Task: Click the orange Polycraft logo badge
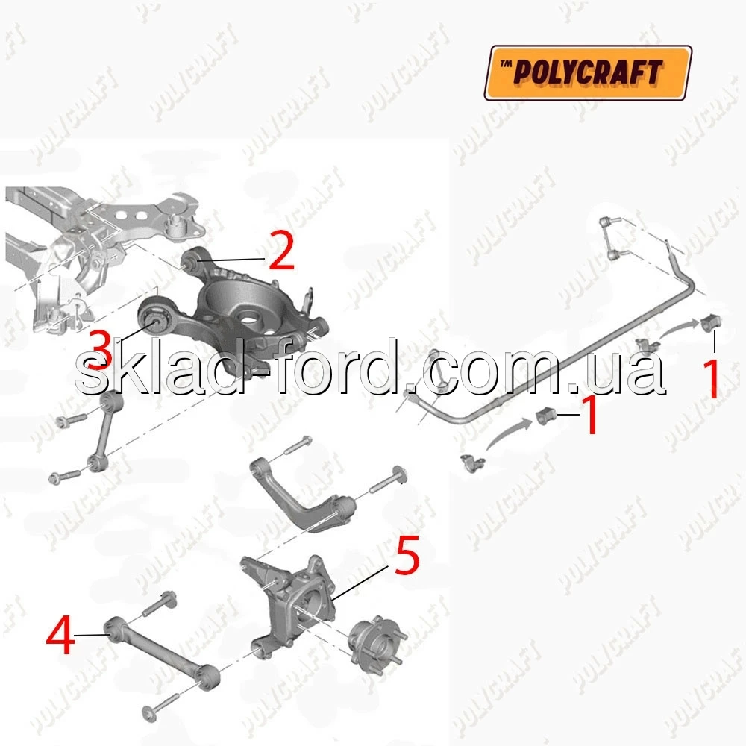(588, 72)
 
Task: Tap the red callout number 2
(282, 250)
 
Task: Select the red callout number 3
(101, 351)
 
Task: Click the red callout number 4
(60, 635)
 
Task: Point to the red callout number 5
(407, 555)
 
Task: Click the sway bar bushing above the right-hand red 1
(711, 323)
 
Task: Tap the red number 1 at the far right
(712, 379)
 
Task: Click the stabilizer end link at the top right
(612, 238)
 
